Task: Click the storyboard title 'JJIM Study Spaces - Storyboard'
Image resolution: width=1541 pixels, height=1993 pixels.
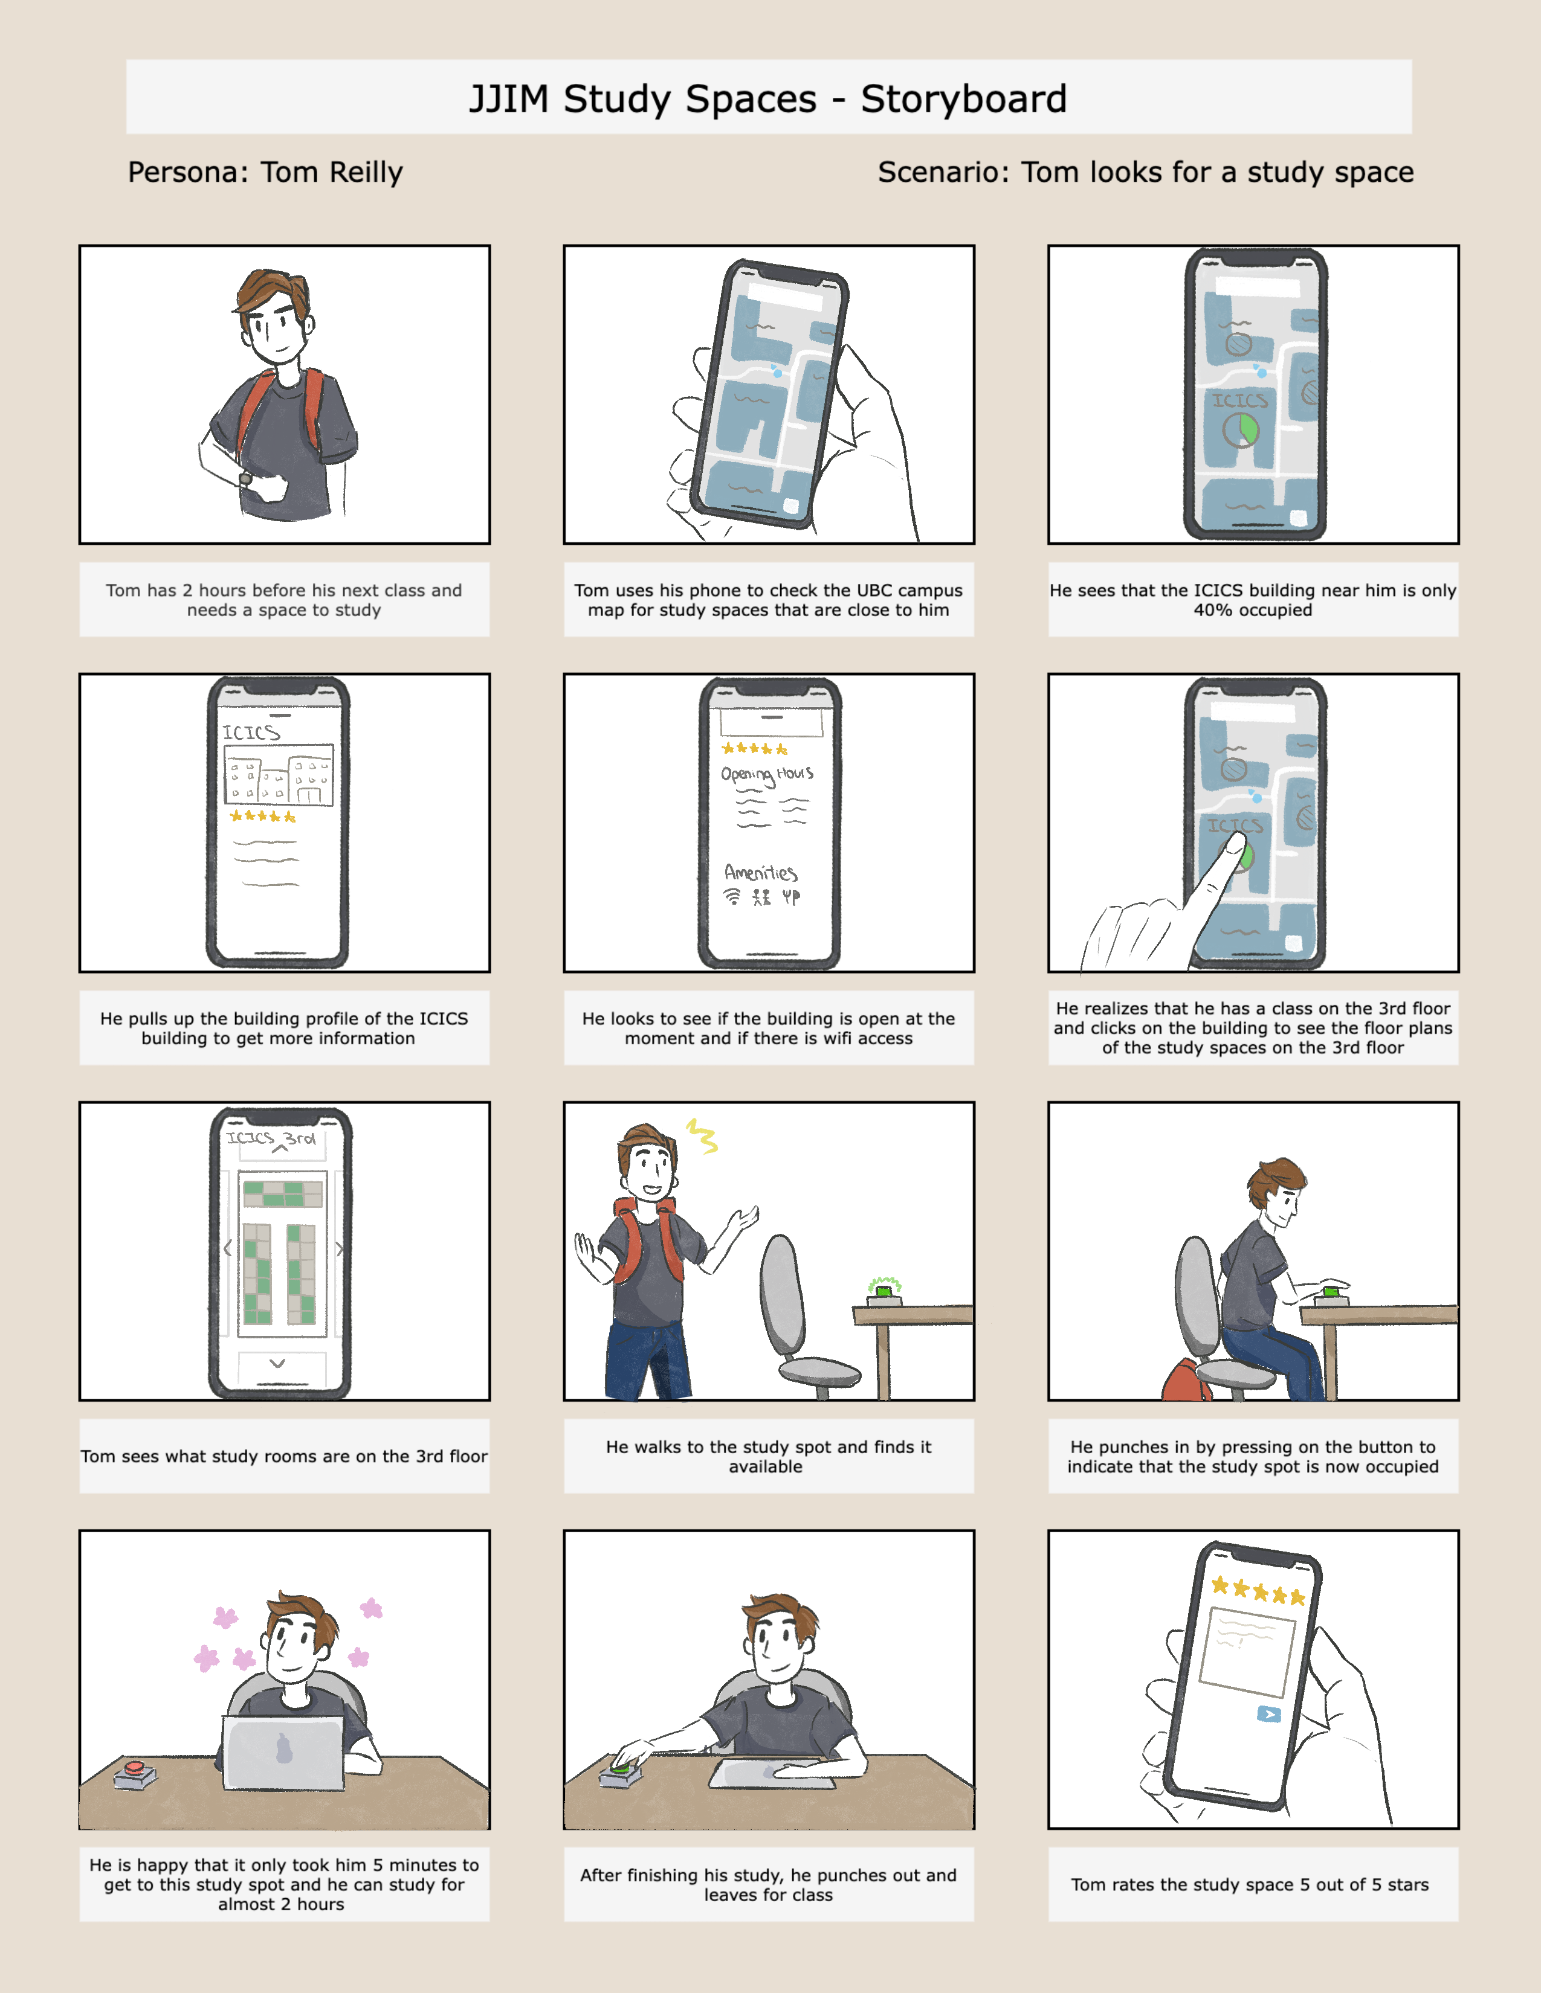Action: (x=767, y=98)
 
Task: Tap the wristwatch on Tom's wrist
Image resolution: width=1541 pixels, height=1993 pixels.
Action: (x=245, y=478)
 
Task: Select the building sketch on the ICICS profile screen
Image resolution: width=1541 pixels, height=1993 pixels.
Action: (x=279, y=775)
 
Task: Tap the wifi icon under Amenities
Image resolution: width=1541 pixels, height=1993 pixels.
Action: (x=732, y=896)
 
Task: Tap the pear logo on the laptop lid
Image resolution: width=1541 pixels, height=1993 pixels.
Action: (x=284, y=1748)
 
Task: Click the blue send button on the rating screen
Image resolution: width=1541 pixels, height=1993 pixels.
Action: (x=1268, y=1714)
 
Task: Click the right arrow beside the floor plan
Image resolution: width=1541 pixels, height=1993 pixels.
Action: (x=340, y=1248)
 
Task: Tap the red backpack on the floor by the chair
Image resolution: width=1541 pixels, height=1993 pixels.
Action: (x=1185, y=1381)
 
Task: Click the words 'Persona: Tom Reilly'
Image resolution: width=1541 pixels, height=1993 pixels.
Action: (x=265, y=173)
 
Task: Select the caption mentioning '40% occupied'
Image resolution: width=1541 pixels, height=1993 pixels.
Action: (x=1253, y=600)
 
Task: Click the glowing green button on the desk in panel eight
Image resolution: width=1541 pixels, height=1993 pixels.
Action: (x=884, y=1289)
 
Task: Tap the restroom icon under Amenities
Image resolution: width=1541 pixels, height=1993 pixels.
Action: (x=761, y=897)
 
